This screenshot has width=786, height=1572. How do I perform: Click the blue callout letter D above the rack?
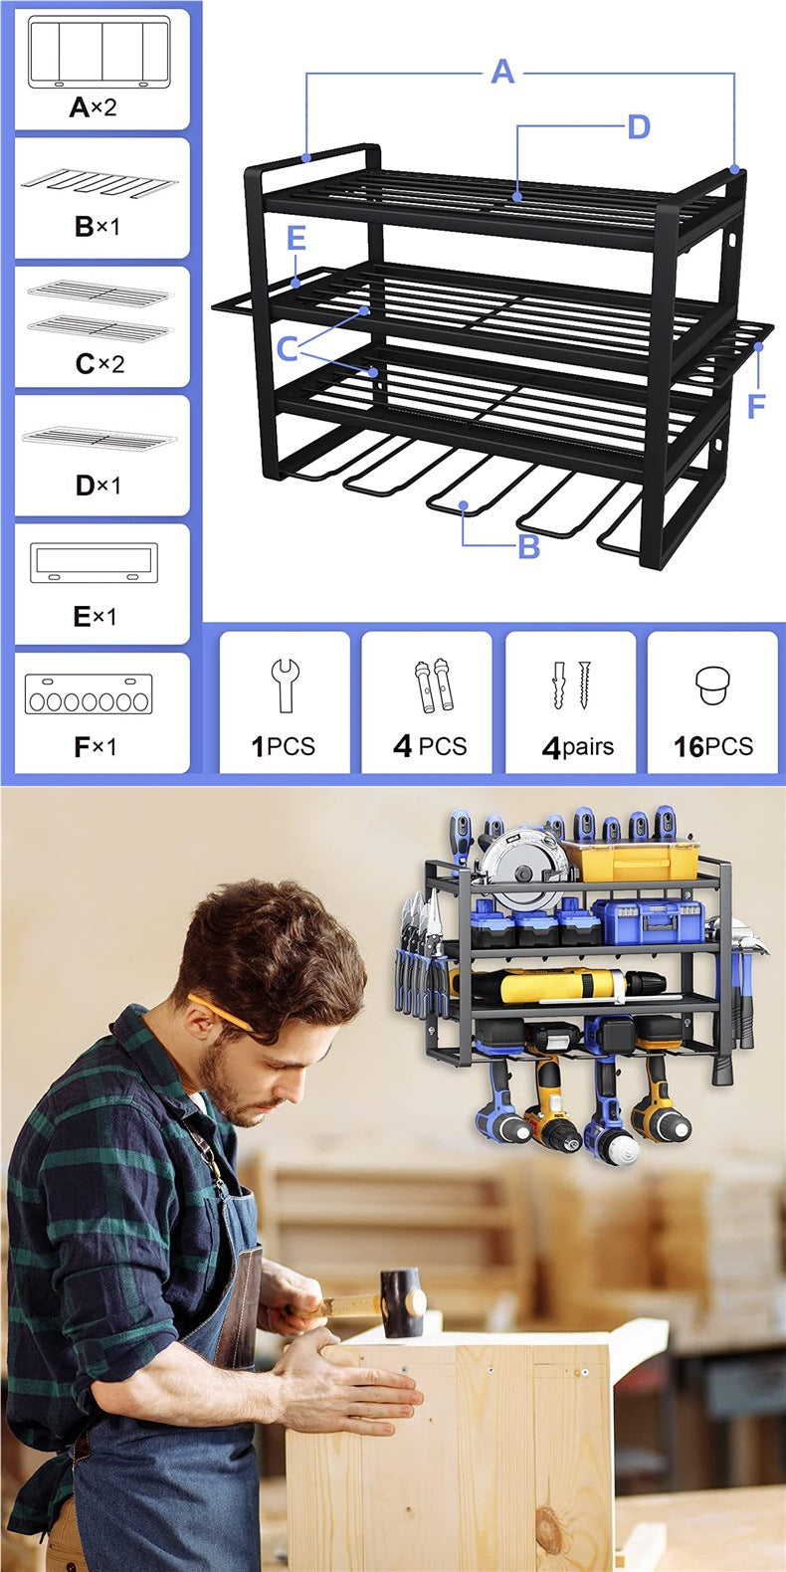point(639,126)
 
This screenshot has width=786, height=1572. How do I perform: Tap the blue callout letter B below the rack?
point(529,545)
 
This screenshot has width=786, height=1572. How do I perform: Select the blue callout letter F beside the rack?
point(756,406)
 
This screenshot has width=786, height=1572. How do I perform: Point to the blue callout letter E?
point(295,238)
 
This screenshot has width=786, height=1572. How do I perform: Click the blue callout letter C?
point(287,349)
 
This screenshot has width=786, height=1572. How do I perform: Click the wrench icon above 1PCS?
point(285,685)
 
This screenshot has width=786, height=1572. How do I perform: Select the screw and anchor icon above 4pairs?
point(571,685)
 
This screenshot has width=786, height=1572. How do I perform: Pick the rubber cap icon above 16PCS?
point(712,686)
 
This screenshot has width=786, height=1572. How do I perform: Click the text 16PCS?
point(712,746)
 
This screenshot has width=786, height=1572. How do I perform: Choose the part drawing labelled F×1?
point(90,693)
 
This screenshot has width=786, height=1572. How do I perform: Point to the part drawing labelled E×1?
point(94,563)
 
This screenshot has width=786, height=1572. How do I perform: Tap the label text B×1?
point(97,226)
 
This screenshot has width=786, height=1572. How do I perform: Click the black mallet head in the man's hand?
point(402,1301)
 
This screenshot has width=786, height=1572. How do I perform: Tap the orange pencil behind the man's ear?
point(219,1012)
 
